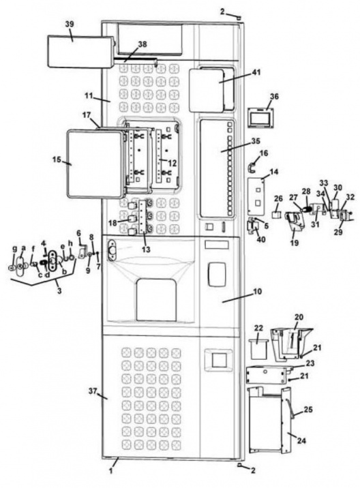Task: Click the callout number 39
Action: pos(70,24)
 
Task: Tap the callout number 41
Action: pos(256,72)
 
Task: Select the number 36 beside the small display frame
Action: pos(274,97)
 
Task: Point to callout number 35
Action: pos(256,140)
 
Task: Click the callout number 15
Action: pos(57,159)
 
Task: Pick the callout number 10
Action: pos(257,292)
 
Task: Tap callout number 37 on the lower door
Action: pos(93,391)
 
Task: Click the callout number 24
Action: pos(301,440)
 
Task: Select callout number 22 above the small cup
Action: pos(258,328)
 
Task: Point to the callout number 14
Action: pos(274,172)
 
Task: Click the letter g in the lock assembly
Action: pos(14,249)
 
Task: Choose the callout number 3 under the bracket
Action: pos(59,291)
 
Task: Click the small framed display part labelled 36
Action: pos(261,117)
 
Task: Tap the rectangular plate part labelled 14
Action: pos(256,196)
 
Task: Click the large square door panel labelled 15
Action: pos(95,164)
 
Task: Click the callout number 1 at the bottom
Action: pos(111,470)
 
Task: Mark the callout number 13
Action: pos(146,249)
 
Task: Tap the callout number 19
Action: pos(295,242)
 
